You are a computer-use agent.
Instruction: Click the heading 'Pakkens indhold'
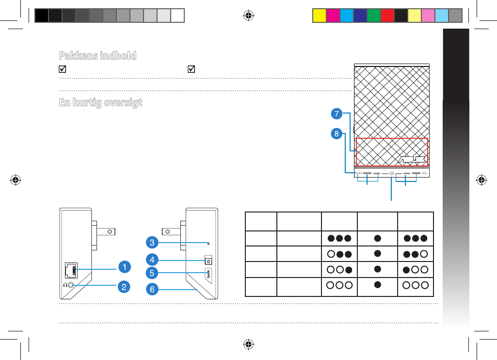[97, 55]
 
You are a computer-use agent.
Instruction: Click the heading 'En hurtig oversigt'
[100, 103]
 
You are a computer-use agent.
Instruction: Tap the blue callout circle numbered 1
[125, 267]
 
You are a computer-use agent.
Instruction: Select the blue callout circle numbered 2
[125, 287]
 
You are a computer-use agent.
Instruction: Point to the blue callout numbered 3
[152, 242]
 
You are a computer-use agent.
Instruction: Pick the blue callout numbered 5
[152, 273]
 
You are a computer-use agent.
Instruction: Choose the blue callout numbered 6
[152, 289]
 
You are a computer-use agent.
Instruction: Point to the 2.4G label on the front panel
[359, 173]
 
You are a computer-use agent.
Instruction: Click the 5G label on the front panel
[424, 173]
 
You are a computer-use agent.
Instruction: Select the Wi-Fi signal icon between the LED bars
[391, 173]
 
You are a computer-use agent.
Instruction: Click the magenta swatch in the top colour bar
[332, 16]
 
